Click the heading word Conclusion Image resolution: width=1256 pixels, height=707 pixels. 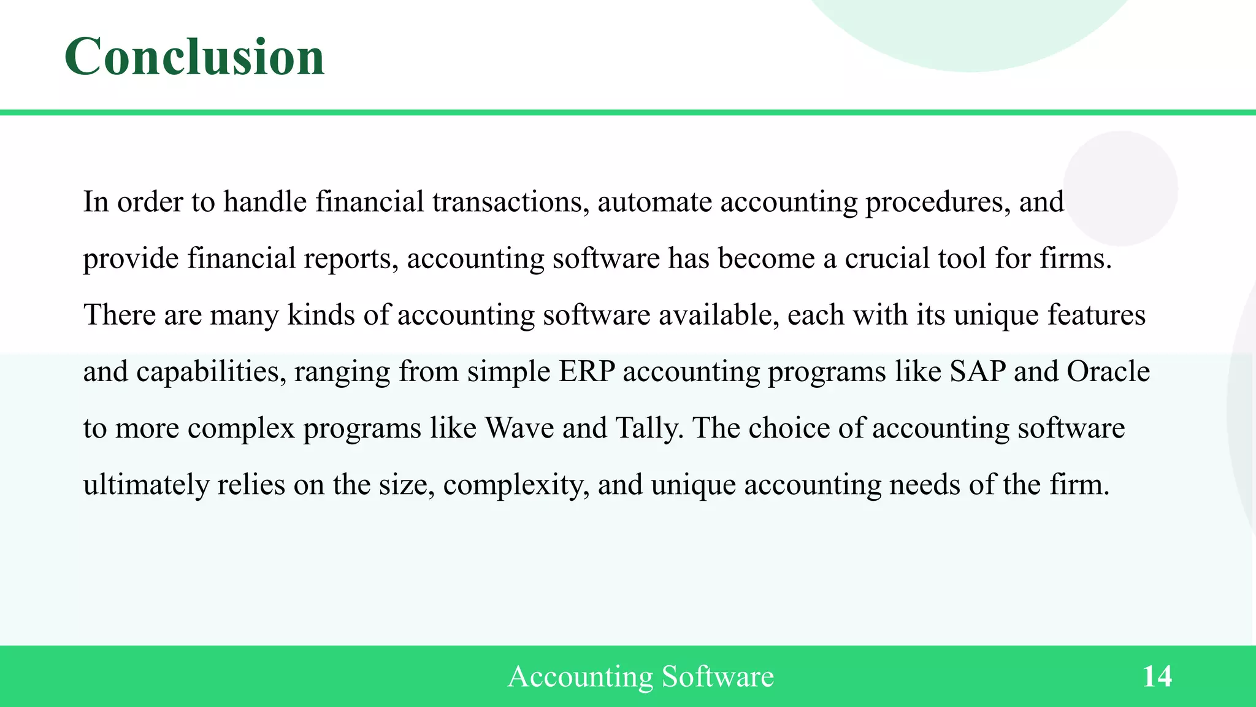click(194, 56)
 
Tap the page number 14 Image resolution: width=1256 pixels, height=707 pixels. click(1157, 676)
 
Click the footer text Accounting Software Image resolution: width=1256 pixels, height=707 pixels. click(640, 676)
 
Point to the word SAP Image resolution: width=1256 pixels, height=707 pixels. click(978, 372)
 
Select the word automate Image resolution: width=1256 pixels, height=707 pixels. click(654, 202)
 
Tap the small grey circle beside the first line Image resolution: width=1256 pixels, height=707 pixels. click(1120, 188)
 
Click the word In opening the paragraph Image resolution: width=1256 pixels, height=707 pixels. click(96, 202)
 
